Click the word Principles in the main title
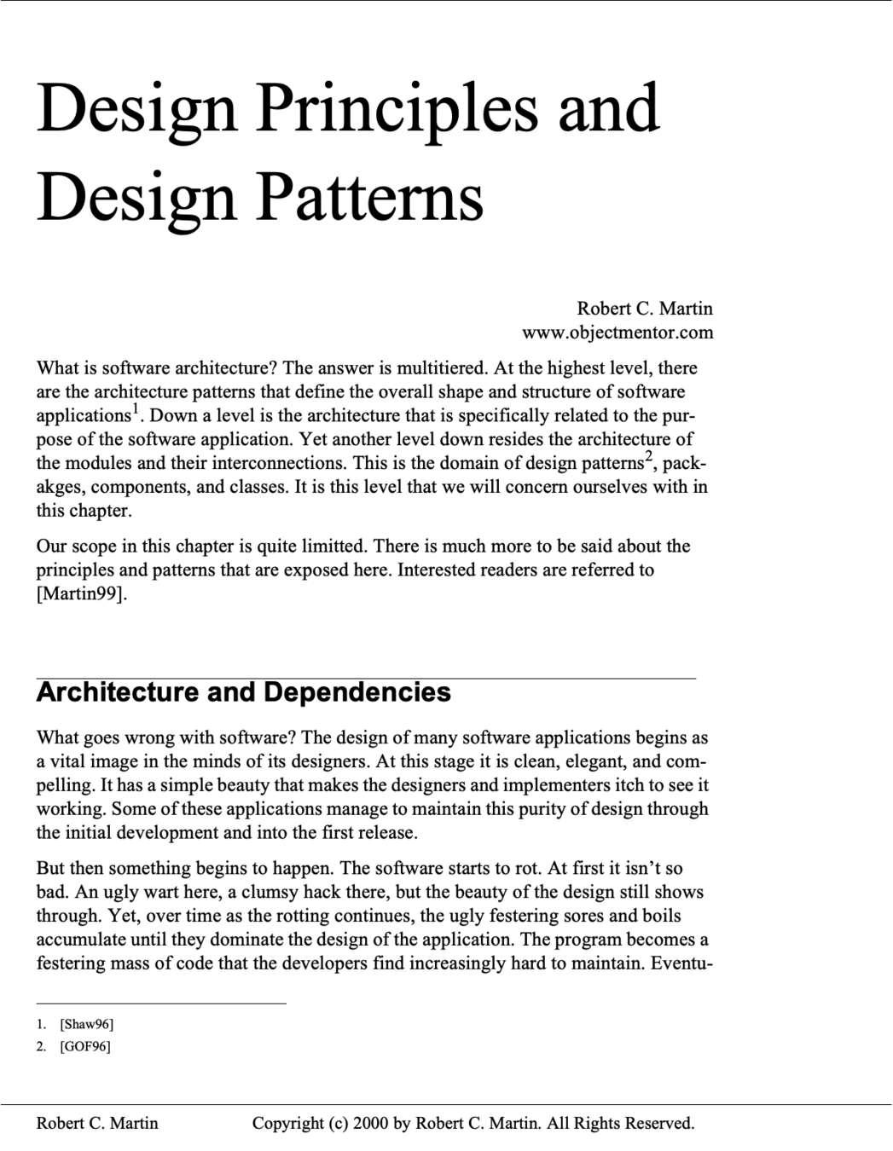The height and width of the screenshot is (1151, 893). [x=397, y=109]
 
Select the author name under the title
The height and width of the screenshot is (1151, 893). [x=644, y=308]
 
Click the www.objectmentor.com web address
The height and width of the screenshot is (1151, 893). [x=618, y=332]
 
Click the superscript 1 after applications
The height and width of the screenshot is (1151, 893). [x=134, y=410]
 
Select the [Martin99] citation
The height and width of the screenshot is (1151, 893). [x=82, y=593]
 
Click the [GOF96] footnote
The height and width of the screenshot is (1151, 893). [x=84, y=1046]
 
